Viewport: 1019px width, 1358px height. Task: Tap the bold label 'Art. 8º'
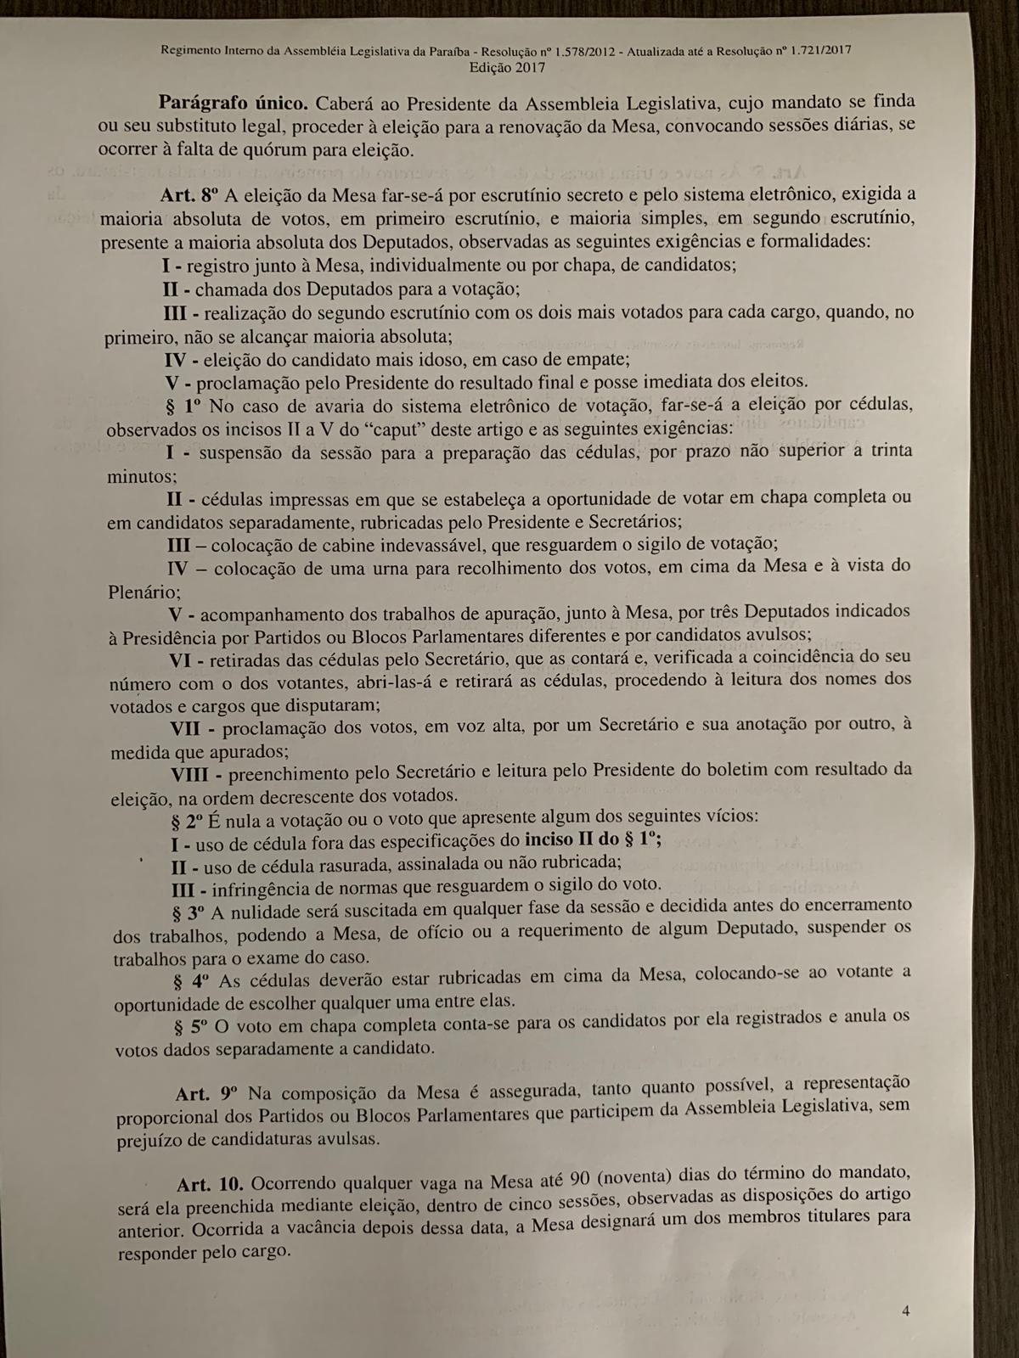[192, 195]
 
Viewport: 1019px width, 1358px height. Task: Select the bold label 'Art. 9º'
[208, 1093]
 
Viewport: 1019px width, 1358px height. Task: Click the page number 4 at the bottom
[906, 1311]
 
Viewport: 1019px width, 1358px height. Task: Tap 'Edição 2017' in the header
[507, 67]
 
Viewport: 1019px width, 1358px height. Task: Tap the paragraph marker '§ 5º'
[191, 1026]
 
